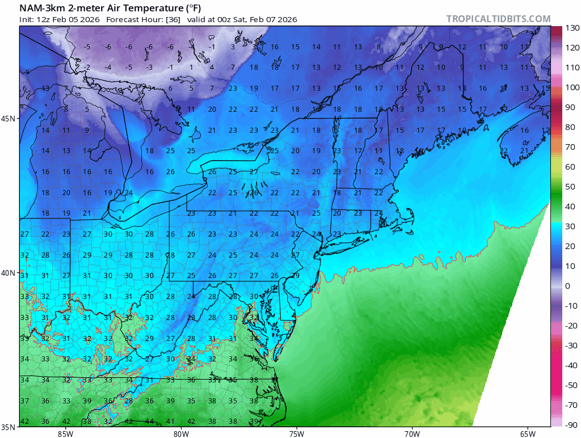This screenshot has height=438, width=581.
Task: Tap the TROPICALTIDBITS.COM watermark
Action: pos(498,19)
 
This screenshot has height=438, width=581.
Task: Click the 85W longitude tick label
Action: pos(65,434)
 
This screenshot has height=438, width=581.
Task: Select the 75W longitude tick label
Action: pos(296,434)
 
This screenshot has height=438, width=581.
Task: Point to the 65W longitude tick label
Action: pos(527,434)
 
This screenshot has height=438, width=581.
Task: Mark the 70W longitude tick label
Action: pos(412,434)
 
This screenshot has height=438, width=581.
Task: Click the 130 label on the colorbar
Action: pos(571,28)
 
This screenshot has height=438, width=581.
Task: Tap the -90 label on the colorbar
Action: pos(571,425)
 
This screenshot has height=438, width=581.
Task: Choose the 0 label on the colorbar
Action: pos(567,286)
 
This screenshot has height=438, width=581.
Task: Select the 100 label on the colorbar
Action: pos(571,87)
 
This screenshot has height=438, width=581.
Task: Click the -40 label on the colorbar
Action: pos(571,365)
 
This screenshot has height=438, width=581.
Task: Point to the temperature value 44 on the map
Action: pos(149,421)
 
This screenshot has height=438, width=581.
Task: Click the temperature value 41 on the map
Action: pos(170,421)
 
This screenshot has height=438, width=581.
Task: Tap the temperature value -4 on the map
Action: pos(108,68)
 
